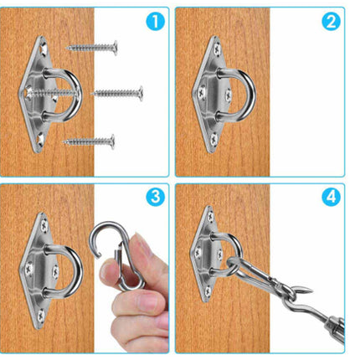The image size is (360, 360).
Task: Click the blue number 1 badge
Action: click(x=156, y=21)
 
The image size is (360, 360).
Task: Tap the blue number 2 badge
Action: click(x=331, y=21)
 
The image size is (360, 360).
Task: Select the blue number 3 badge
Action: click(x=156, y=197)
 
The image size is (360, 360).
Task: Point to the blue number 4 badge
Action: click(x=331, y=197)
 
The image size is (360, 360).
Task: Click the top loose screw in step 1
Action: click(x=91, y=48)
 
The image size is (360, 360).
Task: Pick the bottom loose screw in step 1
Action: click(x=89, y=141)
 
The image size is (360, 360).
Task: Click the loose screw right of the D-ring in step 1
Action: click(x=117, y=93)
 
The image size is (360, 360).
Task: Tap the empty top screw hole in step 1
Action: click(x=43, y=49)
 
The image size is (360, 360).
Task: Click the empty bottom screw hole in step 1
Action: click(x=41, y=140)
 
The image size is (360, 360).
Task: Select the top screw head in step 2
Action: click(x=217, y=49)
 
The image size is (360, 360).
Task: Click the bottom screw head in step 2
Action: click(x=214, y=140)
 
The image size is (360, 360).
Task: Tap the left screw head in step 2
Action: click(x=202, y=93)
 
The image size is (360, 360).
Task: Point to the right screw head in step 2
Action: click(x=229, y=95)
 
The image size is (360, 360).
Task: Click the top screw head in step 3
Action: click(x=44, y=225)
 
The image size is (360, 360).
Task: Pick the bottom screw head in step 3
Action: click(x=41, y=316)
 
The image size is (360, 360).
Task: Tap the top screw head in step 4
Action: click(x=210, y=217)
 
